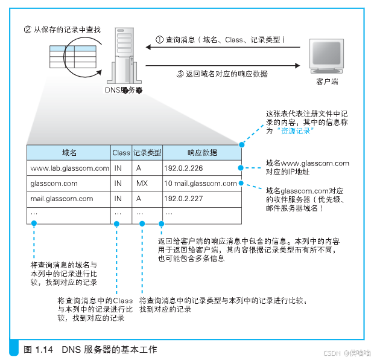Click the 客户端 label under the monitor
pos(326,81)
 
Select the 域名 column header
pos(69,152)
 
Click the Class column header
pos(121,152)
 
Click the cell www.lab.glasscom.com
pos(69,168)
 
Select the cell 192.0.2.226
pos(183,168)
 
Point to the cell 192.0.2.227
pos(183,198)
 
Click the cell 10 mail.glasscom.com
pos(200,183)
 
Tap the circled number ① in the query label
pos(160,39)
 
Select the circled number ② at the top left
pos(27,28)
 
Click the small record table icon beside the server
pos(62,56)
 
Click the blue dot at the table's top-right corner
pos(241,145)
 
